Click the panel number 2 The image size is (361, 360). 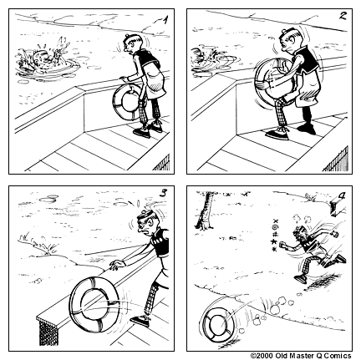343,18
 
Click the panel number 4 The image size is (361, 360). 343,198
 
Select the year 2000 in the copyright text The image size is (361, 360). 262,354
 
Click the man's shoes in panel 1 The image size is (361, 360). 150,127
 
